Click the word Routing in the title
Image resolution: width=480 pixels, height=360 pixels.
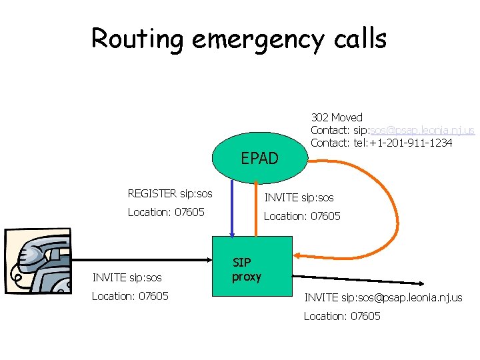137,39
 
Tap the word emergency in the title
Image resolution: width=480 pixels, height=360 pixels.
254,40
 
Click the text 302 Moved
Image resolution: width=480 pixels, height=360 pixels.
337,118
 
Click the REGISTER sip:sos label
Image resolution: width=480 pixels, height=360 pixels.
170,194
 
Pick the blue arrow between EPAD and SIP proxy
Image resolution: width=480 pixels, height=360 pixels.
232,210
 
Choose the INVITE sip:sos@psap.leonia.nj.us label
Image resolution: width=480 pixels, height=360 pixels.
383,297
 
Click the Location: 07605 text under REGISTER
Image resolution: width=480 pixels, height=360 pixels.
165,212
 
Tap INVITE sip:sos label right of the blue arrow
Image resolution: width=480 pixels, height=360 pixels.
299,197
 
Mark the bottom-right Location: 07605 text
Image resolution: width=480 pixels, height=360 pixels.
342,316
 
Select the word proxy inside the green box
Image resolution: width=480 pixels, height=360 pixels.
247,277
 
